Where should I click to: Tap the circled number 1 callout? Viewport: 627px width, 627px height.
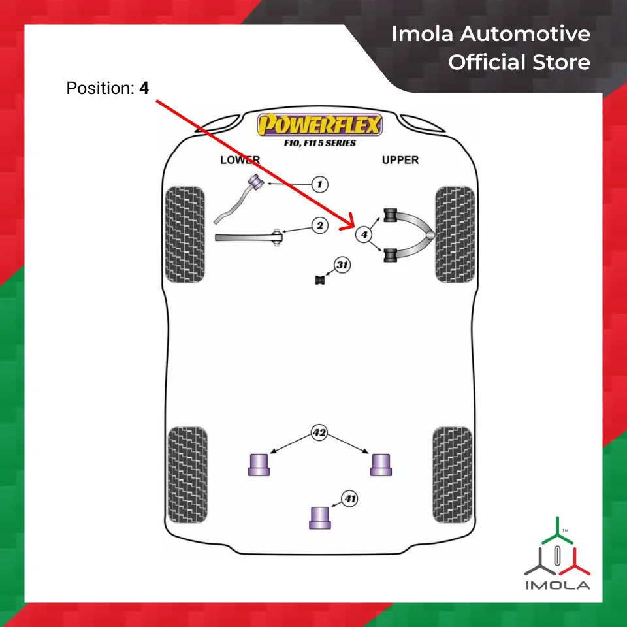pos(319,185)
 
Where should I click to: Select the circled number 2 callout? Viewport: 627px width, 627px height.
pos(319,226)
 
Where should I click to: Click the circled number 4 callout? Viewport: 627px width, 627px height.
pos(364,234)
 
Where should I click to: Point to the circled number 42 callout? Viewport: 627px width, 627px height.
pos(319,432)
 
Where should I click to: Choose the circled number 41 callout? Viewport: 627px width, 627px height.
pos(351,500)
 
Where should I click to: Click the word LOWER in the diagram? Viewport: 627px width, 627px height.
pos(240,160)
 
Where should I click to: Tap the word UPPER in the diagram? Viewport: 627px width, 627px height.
pos(400,160)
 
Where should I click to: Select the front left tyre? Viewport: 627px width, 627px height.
pos(185,234)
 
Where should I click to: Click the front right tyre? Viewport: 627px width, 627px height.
pos(454,234)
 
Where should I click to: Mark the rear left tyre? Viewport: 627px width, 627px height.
pos(187,475)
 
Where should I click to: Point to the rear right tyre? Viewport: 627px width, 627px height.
pos(452,475)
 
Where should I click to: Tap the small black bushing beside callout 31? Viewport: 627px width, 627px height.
pos(320,280)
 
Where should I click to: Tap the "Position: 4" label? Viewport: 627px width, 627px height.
pos(107,88)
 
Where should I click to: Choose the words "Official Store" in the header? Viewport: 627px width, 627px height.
pos(519,63)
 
